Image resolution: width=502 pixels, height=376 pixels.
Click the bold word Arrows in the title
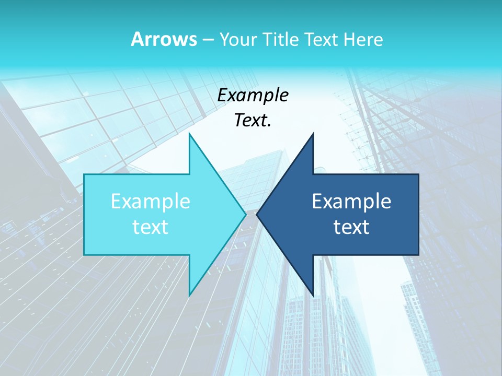[163, 39]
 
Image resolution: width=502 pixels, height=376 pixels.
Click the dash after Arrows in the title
[208, 40]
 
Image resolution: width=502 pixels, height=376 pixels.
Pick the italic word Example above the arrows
[253, 95]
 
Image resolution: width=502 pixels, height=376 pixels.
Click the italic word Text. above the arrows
[253, 120]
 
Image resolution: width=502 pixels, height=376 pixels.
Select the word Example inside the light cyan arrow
[150, 202]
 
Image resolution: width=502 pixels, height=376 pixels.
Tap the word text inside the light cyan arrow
[150, 227]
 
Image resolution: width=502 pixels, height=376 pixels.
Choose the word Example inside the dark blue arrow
[351, 202]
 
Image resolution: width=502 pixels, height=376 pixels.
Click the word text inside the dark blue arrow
[351, 227]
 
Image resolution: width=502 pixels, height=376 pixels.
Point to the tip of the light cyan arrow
[245, 214]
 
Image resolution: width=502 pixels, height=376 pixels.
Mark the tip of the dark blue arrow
[257, 214]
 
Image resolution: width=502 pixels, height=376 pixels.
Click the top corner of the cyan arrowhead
[189, 134]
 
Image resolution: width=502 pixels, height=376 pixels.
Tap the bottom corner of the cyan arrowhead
[189, 295]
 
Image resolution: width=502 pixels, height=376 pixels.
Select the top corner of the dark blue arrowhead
[313, 134]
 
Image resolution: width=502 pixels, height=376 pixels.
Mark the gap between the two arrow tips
[251, 214]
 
